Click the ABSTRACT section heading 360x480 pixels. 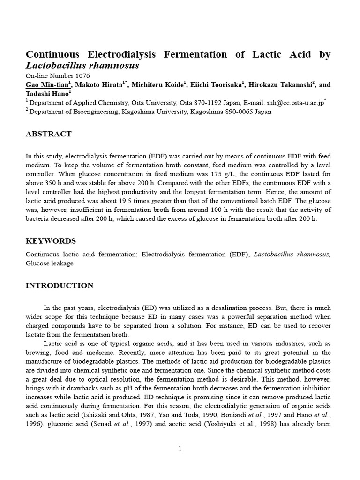[x=48, y=134]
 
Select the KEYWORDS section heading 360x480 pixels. [x=50, y=241]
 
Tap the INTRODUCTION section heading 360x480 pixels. [x=59, y=285]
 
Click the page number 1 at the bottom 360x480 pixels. [x=180, y=449]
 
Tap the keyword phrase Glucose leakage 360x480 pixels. [x=49, y=263]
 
